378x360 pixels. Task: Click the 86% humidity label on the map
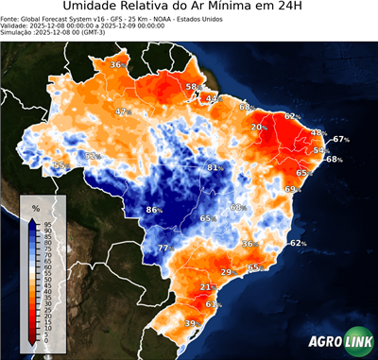point(156,210)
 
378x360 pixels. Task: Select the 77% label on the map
point(165,249)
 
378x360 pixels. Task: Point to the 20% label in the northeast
point(258,127)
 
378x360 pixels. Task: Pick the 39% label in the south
point(192,324)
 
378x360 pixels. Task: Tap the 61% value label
point(214,304)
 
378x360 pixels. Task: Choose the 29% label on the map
point(227,272)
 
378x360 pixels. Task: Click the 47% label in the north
point(122,112)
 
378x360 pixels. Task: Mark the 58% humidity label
point(193,87)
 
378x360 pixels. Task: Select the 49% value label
point(213,98)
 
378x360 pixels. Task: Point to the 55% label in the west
point(60,165)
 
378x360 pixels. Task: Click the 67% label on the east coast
point(341,139)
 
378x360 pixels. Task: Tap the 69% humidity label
point(291,189)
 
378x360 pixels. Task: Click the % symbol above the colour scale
point(36,207)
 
